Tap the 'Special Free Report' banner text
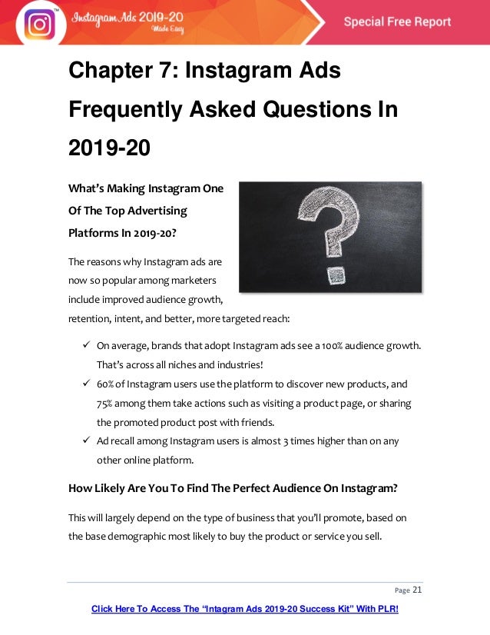[397, 22]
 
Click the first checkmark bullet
[87, 345]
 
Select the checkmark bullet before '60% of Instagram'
[87, 384]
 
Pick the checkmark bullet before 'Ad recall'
[87, 441]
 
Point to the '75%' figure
[106, 404]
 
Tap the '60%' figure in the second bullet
[106, 384]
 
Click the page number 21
[418, 590]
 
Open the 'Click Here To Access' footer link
[245, 610]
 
